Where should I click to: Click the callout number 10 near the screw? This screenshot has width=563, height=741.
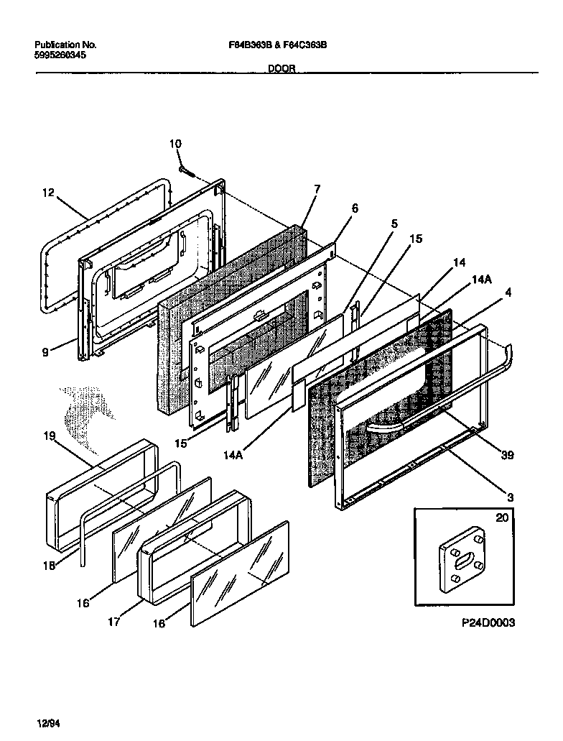pyautogui.click(x=176, y=144)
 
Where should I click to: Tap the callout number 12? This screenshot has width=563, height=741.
pyautogui.click(x=47, y=193)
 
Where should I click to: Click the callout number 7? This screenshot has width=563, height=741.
pyautogui.click(x=317, y=190)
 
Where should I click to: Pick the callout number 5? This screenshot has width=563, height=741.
pyautogui.click(x=394, y=224)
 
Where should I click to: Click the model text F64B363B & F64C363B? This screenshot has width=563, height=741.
pyautogui.click(x=274, y=45)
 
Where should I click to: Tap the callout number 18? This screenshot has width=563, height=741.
pyautogui.click(x=48, y=566)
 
